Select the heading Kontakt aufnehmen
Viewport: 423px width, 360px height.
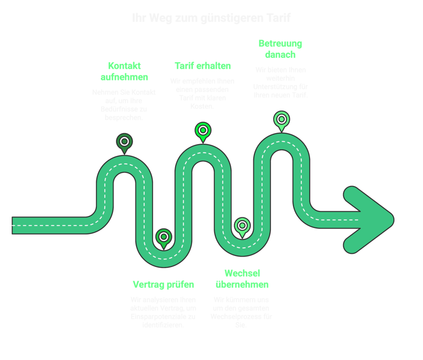(124, 71)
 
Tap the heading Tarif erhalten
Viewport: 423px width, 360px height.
(203, 66)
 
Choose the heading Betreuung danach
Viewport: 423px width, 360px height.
(280, 49)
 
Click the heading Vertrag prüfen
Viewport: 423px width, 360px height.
(164, 285)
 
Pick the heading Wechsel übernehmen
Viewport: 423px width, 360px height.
(243, 279)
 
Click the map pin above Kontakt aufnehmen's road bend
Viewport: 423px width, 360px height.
(124, 142)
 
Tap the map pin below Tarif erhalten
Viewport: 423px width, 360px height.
(203, 131)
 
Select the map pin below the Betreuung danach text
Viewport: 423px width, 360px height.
(281, 119)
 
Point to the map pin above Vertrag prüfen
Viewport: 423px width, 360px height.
(164, 237)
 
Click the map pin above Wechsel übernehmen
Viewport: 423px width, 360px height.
(242, 226)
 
